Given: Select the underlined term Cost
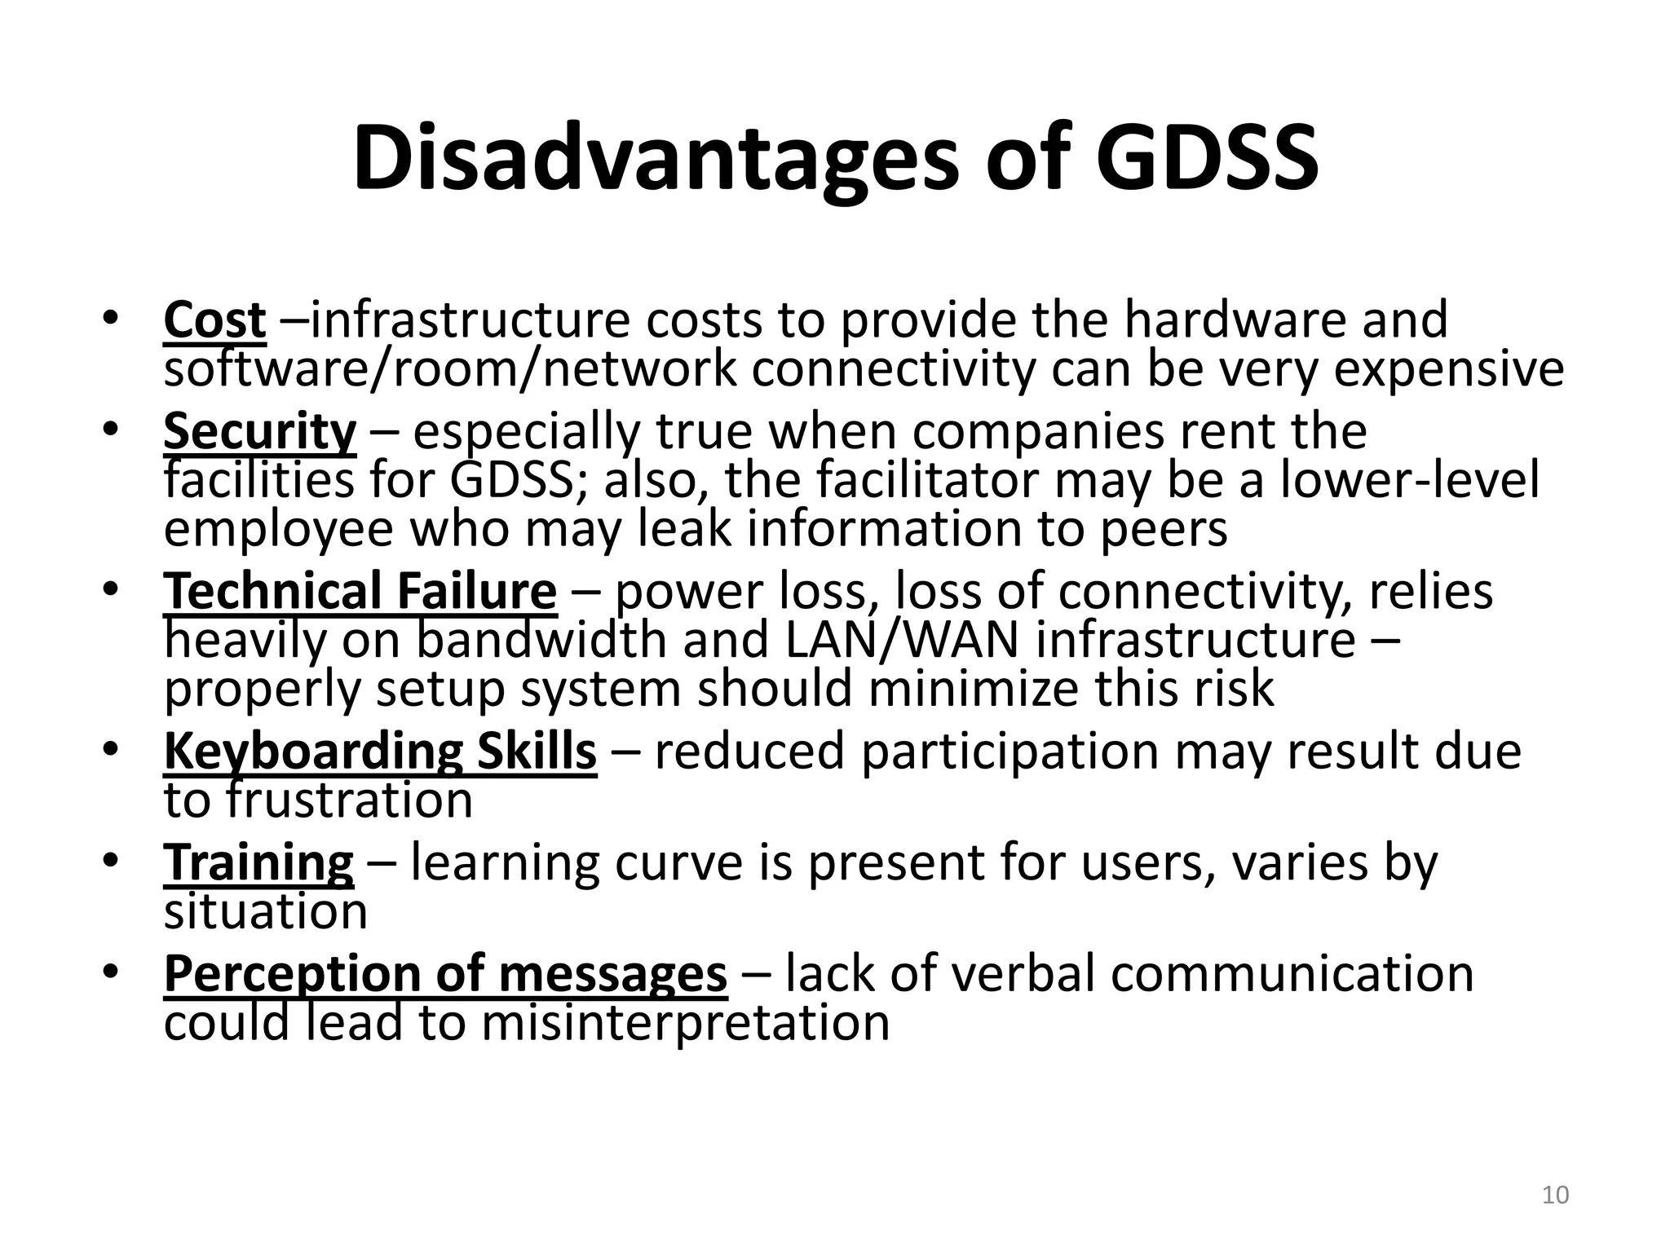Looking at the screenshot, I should coord(214,320).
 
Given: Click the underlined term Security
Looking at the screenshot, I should coord(259,432).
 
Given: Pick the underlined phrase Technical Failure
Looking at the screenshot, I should coord(360,592).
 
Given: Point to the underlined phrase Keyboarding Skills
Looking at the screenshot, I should coord(380,752).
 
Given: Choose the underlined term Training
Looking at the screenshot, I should coord(258,862).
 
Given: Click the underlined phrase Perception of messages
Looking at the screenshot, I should coord(445,974).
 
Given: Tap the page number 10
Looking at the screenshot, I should coord(1555,1196).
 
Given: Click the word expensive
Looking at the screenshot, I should coord(1449,369).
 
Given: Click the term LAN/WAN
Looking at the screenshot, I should coord(902,640).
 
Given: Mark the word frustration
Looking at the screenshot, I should coord(350,800).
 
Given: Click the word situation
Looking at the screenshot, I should coord(265,911).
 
